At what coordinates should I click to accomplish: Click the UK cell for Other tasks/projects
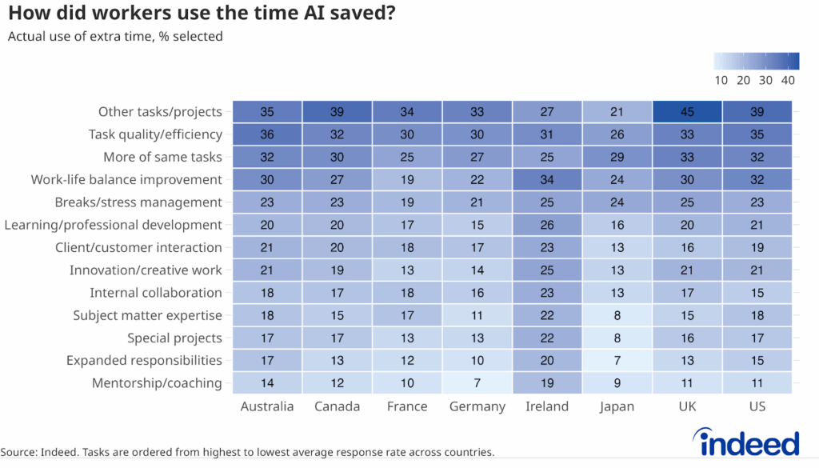pos(687,112)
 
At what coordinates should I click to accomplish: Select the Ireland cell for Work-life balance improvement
pos(547,180)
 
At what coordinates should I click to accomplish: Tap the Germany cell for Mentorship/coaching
pos(477,383)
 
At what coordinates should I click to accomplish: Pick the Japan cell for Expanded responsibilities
pos(617,361)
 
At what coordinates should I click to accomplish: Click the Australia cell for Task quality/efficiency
pos(267,134)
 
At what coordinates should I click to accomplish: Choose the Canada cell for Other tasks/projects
pos(338,112)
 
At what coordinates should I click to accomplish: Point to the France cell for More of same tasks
pos(407,157)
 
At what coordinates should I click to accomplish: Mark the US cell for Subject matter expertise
pos(757,315)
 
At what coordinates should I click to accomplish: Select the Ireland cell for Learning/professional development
pos(547,225)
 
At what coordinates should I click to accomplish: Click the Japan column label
pos(617,406)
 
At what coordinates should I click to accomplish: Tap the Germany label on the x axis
pos(477,406)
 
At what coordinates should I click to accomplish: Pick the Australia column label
pos(267,406)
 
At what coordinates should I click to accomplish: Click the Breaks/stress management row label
pos(138,202)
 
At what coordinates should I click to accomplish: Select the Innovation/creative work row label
pos(146,270)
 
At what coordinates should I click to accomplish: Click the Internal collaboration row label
pos(156,293)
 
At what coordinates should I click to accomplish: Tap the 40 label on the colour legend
pos(788,80)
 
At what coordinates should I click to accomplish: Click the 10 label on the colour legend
pos(721,80)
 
